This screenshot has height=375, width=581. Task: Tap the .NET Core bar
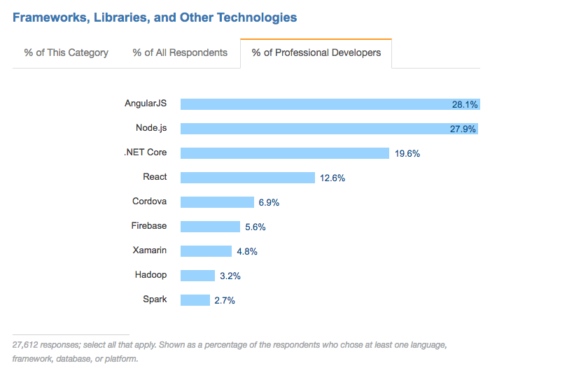pyautogui.click(x=284, y=153)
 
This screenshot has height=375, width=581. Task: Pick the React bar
pyautogui.click(x=247, y=178)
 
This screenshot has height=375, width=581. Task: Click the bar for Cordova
pyautogui.click(x=217, y=202)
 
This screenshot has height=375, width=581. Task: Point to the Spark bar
pyautogui.click(x=195, y=300)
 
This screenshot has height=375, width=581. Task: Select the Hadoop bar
pyautogui.click(x=197, y=276)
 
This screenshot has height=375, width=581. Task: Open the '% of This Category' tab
pyautogui.click(x=66, y=52)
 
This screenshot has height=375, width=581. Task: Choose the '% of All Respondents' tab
pyautogui.click(x=180, y=52)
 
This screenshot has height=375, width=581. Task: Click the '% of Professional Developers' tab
pyautogui.click(x=316, y=52)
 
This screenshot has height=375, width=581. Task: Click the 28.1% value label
pyautogui.click(x=465, y=104)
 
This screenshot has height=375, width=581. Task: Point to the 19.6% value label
pyautogui.click(x=407, y=153)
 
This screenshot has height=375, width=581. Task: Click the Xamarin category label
pyautogui.click(x=149, y=250)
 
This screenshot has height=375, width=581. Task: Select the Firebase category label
pyautogui.click(x=148, y=226)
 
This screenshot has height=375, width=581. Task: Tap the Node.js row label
pyautogui.click(x=151, y=128)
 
